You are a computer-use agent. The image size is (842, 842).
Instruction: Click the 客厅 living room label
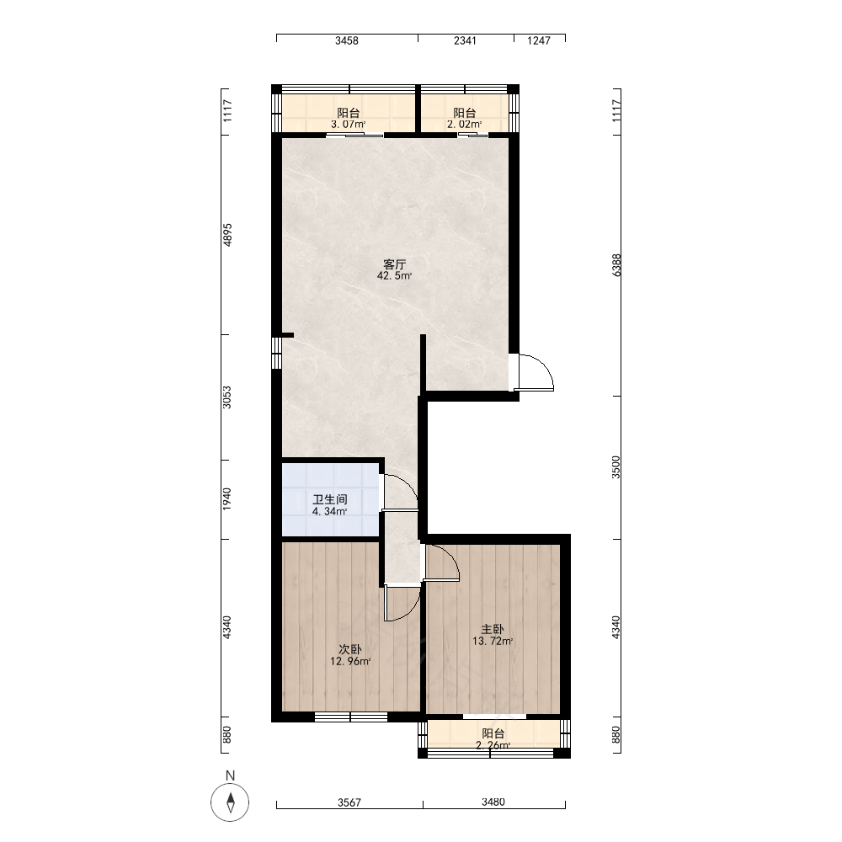[x=394, y=264]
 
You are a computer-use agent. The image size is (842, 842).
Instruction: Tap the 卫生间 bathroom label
[x=330, y=499]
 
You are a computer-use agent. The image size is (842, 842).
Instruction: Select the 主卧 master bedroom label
[x=493, y=629]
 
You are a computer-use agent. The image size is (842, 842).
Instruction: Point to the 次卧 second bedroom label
[x=350, y=649]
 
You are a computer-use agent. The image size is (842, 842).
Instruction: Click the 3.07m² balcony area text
[x=349, y=125]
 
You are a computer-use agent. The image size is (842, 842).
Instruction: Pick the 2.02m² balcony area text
[x=465, y=125]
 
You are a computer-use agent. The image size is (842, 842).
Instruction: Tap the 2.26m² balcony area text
[x=493, y=745]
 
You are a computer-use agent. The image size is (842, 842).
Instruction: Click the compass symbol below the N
[x=231, y=802]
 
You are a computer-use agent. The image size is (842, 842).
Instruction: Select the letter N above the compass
[x=231, y=775]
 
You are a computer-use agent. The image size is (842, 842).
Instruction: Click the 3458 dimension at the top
[x=347, y=40]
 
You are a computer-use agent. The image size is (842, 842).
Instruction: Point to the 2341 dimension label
[x=465, y=40]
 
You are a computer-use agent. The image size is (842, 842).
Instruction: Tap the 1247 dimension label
[x=539, y=40]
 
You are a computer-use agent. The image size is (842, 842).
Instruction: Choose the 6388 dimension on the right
[x=616, y=265]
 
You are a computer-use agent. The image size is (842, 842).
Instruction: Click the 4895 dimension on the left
[x=227, y=235]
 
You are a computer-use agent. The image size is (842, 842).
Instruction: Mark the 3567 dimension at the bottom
[x=349, y=802]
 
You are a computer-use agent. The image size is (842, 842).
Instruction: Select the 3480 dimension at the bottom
[x=493, y=802]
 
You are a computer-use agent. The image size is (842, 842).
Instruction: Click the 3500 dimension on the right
[x=616, y=467]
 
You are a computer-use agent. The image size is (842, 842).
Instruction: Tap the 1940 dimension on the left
[x=227, y=498]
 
